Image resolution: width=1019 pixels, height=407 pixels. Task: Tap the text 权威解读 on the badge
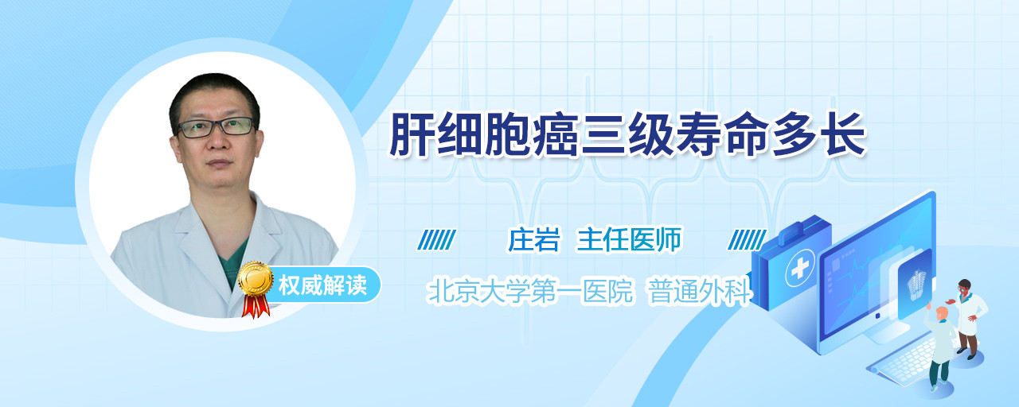click(x=322, y=285)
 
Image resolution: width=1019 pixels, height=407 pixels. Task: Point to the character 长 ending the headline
click(x=843, y=134)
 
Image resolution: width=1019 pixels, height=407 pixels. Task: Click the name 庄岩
click(x=533, y=240)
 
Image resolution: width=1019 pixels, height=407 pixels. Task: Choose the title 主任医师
click(x=629, y=240)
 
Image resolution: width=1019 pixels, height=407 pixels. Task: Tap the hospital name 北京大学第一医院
click(x=530, y=291)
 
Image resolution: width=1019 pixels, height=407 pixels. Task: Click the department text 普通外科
click(x=699, y=291)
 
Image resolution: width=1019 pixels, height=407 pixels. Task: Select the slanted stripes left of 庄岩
click(x=437, y=240)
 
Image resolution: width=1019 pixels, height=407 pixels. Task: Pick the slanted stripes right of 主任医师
click(x=747, y=240)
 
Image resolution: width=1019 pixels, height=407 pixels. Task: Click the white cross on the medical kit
click(x=800, y=269)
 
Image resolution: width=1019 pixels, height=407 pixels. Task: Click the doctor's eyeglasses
click(x=217, y=127)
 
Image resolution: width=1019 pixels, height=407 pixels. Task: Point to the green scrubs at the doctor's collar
click(x=233, y=262)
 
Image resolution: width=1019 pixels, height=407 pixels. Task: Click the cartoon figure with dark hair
click(x=969, y=318)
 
